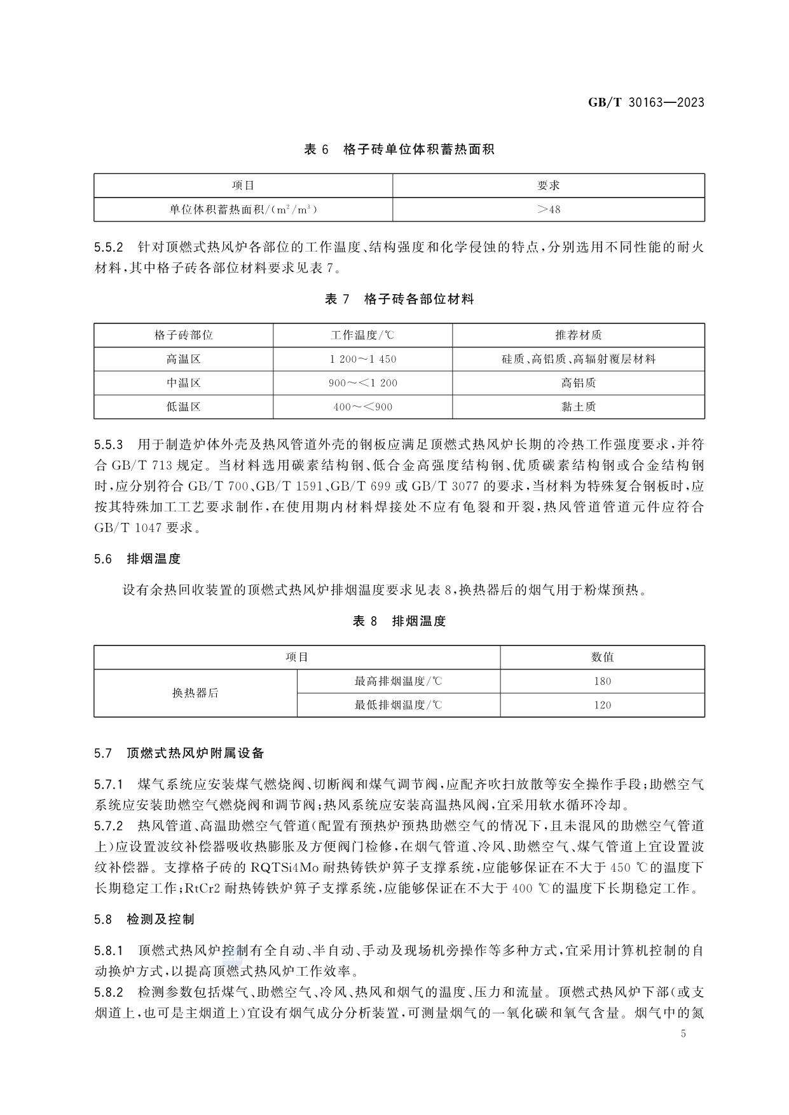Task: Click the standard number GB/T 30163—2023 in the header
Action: click(645, 102)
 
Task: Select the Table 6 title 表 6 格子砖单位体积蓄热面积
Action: click(399, 149)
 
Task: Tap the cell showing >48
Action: click(548, 209)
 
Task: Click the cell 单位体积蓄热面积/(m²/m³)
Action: click(243, 209)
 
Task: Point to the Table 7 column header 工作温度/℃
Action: click(362, 335)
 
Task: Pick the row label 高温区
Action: click(183, 359)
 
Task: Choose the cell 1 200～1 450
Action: click(362, 359)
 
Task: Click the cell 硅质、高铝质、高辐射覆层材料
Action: click(578, 359)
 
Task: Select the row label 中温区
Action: click(183, 383)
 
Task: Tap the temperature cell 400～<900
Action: click(362, 407)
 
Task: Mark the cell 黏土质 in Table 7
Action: click(578, 407)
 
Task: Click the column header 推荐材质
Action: click(578, 335)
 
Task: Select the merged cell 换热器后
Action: click(195, 693)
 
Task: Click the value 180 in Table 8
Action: click(601, 681)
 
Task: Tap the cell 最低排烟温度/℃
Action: click(398, 705)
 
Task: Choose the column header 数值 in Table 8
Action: click(601, 657)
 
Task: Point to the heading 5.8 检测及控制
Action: click(144, 919)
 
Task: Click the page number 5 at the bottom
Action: click(683, 1034)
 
